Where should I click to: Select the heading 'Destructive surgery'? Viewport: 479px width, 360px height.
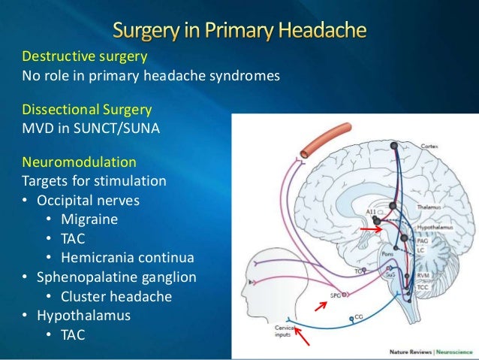click(x=84, y=57)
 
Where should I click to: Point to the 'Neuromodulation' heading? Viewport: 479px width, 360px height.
click(x=80, y=162)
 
